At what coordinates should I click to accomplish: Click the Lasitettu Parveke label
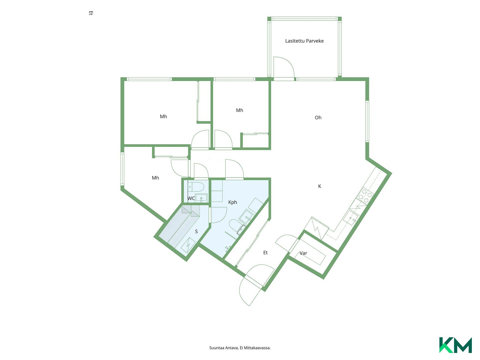pos(304,41)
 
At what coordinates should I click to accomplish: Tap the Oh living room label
pos(318,118)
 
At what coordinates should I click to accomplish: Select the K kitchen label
pos(319,186)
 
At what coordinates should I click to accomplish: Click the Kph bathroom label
pos(233,202)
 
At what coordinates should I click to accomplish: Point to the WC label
pos(191,198)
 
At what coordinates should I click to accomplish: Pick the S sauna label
pos(196,231)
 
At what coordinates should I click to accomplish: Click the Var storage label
pos(303,253)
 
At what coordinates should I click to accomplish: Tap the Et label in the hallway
pos(265,253)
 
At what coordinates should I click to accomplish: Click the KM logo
pos(456,345)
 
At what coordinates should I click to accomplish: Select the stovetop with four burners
pos(365,196)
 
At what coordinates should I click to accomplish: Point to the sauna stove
pos(188,245)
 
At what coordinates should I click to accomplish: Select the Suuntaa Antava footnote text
pos(240,348)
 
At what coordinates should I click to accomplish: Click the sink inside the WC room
pos(201,197)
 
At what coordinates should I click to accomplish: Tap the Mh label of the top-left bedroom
pos(163,116)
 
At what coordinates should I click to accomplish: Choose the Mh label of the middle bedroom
pos(240,110)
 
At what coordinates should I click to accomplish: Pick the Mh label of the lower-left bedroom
pos(156,178)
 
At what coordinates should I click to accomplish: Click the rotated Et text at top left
pos(91,13)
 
